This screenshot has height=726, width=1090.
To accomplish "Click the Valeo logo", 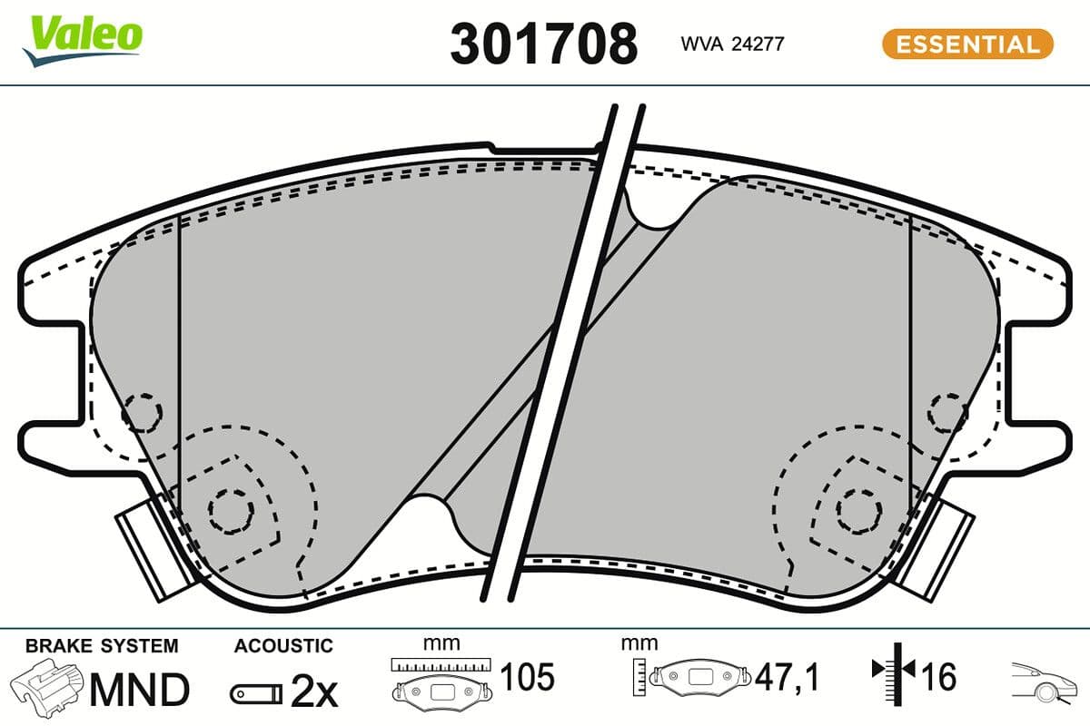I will [x=83, y=39].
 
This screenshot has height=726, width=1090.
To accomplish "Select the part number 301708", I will [x=543, y=43].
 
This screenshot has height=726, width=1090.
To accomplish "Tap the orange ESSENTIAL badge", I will [x=967, y=44].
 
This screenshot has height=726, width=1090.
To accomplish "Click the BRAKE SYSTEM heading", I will [x=102, y=646].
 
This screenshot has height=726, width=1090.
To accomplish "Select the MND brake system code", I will [x=138, y=690].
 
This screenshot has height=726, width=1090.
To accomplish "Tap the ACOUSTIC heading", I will [x=283, y=646].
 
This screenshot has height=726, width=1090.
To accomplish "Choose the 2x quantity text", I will [x=313, y=693].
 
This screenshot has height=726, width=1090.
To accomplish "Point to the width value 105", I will [x=527, y=677].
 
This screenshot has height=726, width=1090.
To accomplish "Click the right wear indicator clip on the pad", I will [x=939, y=548].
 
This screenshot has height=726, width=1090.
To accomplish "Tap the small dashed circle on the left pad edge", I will [x=141, y=413].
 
